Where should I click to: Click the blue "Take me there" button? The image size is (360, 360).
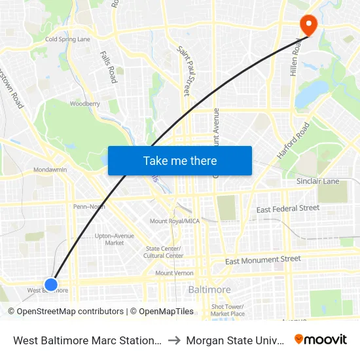point(180,160)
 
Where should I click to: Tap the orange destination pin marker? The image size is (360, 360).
point(307,25)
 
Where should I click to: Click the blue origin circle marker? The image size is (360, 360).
point(51,284)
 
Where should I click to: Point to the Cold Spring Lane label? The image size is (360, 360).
point(67,39)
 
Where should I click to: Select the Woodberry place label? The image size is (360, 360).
point(85,103)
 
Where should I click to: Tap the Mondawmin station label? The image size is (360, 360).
point(50,170)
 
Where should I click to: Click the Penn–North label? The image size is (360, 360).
point(89,206)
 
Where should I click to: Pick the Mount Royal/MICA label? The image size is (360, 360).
point(175,221)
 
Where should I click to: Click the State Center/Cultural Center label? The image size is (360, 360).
point(164,252)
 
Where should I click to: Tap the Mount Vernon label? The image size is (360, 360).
point(174,273)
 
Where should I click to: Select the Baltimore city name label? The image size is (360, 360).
point(209,289)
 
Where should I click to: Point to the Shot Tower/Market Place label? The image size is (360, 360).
point(228,310)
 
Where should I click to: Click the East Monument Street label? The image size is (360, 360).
point(262,261)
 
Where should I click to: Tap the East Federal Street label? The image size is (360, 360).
point(288,209)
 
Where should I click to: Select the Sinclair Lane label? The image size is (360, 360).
point(317,181)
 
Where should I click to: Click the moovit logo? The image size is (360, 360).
point(321,339)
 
